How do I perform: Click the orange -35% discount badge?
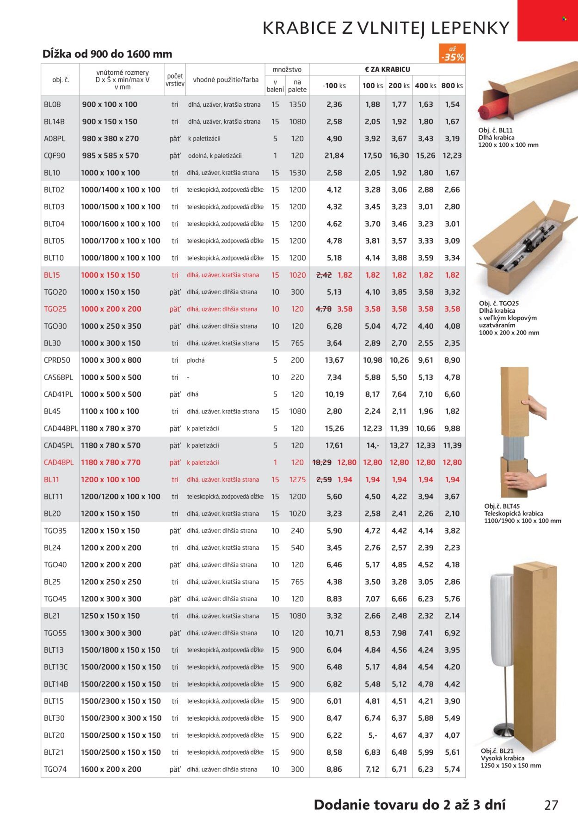[x=452, y=54]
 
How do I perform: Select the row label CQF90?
[x=55, y=156]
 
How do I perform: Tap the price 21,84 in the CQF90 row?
[x=334, y=156]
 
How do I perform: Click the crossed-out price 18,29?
[x=322, y=462]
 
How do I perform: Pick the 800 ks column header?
[x=452, y=86]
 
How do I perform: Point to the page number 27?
[x=551, y=805]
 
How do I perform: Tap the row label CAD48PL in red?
[x=59, y=462]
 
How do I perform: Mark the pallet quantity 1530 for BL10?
[x=297, y=173]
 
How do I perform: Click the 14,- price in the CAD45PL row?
[x=372, y=445]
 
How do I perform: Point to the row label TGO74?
[x=55, y=769]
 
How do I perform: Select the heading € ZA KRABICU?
[x=387, y=69]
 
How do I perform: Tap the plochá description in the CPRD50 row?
[x=196, y=360]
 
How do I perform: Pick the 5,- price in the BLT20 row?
[x=372, y=735]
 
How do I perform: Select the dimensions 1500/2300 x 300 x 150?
[x=121, y=718]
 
